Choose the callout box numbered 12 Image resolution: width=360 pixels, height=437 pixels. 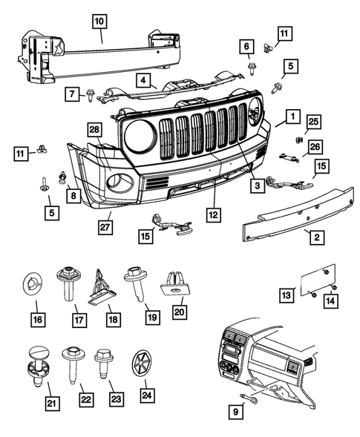(x=214, y=215)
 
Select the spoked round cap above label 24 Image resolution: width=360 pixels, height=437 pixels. (x=140, y=363)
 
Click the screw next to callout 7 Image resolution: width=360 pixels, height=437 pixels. (x=91, y=93)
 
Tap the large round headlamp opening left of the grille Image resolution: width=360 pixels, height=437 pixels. (x=140, y=136)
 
